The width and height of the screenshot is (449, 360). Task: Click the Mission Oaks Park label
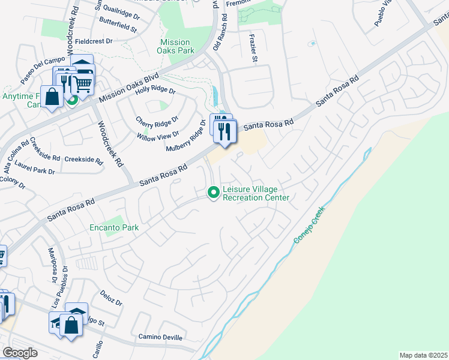(175, 47)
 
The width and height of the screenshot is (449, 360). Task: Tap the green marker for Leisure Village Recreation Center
(212, 193)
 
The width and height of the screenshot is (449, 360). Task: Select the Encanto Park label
(114, 227)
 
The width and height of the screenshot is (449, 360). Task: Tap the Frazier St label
(253, 48)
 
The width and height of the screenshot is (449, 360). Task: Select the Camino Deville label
(160, 337)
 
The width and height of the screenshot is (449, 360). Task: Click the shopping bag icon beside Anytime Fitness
(52, 97)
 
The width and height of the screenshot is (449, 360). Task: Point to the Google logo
(20, 353)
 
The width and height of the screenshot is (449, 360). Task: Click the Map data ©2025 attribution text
(423, 355)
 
